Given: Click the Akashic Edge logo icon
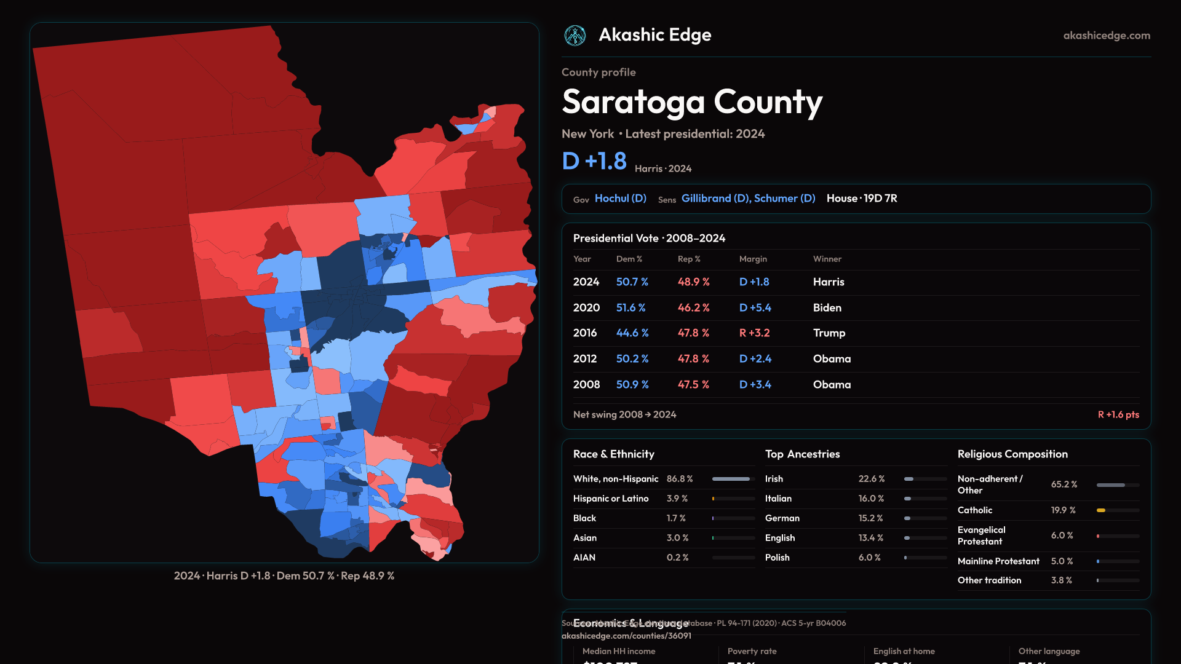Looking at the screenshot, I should (575, 36).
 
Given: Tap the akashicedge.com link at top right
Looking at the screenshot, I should (1106, 36).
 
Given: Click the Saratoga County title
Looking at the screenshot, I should (691, 102).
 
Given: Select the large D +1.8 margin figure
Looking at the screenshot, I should (594, 161).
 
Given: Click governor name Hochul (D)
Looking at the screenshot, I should (620, 199).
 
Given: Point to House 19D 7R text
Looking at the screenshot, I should (861, 199).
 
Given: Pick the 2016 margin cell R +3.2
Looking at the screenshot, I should (754, 333).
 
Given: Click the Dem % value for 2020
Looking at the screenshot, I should (630, 307).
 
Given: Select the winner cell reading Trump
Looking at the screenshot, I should (829, 333).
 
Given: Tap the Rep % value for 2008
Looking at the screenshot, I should (693, 385).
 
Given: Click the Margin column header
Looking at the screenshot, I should (753, 259).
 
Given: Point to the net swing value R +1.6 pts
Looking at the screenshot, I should (1118, 415).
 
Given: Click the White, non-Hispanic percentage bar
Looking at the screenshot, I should (733, 479).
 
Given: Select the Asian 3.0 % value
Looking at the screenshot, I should (677, 538).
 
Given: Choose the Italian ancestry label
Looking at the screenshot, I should (778, 499).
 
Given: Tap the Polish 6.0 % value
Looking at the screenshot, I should (869, 558).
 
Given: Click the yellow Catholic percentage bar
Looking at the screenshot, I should (1101, 510).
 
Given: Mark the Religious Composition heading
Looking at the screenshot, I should (1012, 454).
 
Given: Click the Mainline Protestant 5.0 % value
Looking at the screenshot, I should (1061, 561).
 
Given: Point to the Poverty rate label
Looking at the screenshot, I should (752, 651).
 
